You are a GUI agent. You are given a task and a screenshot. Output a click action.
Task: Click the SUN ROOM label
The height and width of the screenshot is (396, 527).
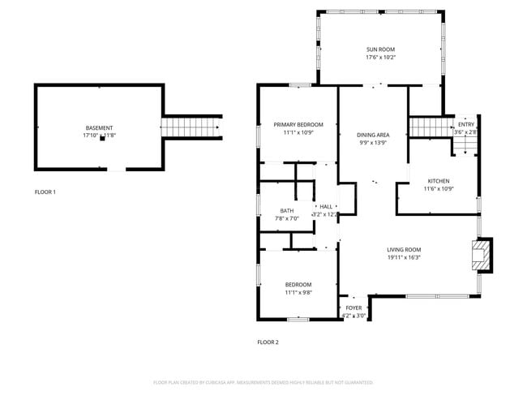coord(380,49)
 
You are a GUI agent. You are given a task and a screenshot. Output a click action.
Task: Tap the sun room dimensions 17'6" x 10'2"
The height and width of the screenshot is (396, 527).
coord(380,58)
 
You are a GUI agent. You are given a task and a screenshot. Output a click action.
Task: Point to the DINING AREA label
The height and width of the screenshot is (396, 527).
coord(373,135)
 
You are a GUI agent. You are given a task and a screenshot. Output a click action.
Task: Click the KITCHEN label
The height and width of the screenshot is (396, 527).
coord(438,181)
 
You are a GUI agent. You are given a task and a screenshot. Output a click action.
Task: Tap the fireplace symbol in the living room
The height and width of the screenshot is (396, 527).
coord(482,254)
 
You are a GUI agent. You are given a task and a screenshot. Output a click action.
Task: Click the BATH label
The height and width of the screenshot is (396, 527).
coord(287,211)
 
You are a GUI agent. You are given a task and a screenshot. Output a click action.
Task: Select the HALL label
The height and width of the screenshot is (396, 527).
coord(326,207)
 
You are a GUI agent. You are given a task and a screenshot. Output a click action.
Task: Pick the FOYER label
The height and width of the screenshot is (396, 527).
coord(353,308)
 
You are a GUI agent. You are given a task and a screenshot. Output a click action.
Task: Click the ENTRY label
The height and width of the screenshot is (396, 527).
coord(465,124)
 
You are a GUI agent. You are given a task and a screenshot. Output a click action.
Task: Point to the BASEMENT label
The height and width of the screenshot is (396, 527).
coord(99,127)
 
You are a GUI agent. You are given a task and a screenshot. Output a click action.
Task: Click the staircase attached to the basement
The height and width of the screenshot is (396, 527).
coord(191,127)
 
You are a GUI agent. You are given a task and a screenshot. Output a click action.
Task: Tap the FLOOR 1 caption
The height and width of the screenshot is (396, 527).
coord(45,192)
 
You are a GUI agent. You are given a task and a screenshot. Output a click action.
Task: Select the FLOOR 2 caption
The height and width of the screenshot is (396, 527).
coord(268,342)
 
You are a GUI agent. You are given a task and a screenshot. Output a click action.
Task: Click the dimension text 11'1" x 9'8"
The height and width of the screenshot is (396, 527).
coord(298,292)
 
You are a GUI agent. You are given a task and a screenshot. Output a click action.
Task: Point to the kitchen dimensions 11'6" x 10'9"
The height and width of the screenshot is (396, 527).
coord(438,189)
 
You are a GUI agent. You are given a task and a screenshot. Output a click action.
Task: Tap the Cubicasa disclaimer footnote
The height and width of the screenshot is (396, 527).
coord(263,381)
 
